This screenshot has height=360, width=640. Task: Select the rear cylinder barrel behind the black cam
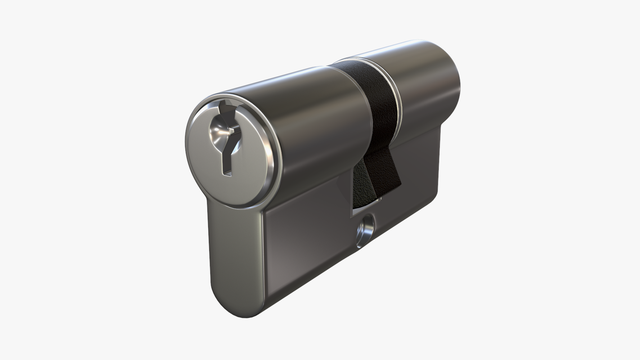(427, 87)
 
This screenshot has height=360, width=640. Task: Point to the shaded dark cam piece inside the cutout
(360, 187)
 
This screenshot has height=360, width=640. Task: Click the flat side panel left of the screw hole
(307, 247)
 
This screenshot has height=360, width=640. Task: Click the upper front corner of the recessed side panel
(267, 213)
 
